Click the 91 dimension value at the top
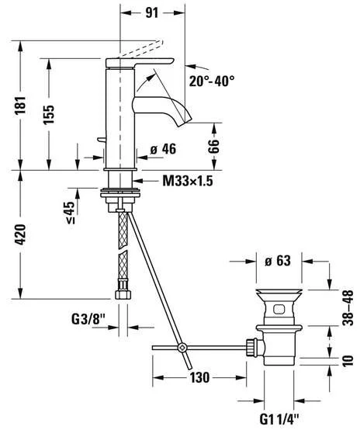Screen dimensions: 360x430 151,12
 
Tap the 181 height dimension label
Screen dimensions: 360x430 21,105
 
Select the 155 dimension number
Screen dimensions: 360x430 50,114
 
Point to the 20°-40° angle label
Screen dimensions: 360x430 212,81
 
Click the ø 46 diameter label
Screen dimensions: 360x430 163,149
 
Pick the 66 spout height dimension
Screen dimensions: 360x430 213,146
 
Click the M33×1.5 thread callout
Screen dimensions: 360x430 188,181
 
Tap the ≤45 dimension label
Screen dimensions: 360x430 70,213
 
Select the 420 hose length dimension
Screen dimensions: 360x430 21,234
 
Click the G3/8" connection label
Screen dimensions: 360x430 88,319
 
